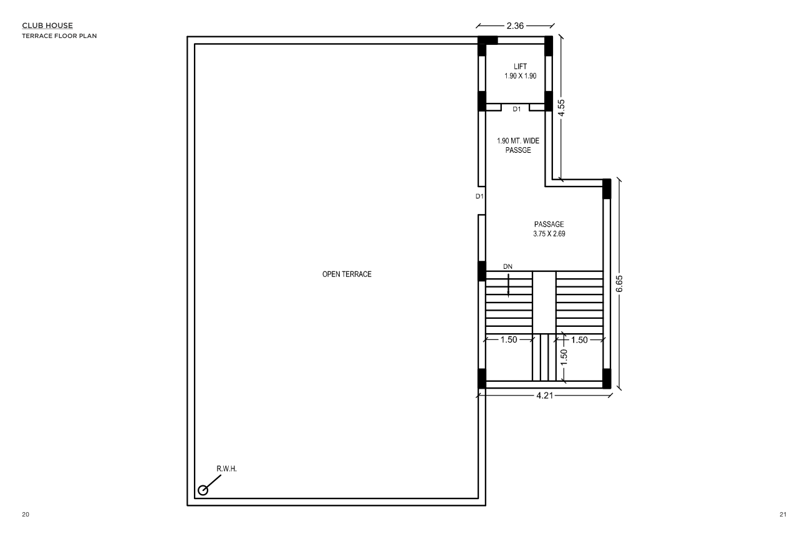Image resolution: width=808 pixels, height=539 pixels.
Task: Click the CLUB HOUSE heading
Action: pyautogui.click(x=47, y=26)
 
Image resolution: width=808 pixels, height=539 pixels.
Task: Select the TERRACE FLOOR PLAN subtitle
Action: pyautogui.click(x=59, y=36)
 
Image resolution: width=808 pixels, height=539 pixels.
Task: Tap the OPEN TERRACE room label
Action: pyautogui.click(x=347, y=274)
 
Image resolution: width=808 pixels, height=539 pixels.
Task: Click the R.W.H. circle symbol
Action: pyautogui.click(x=203, y=490)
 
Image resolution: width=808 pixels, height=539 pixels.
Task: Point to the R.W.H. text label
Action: pyautogui.click(x=226, y=469)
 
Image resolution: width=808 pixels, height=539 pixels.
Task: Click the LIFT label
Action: pyautogui.click(x=520, y=66)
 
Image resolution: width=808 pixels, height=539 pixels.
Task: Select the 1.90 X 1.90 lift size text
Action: pyautogui.click(x=520, y=76)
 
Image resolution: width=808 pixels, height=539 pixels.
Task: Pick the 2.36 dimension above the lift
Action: pyautogui.click(x=515, y=26)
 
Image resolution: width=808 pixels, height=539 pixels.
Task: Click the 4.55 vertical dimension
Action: pyautogui.click(x=561, y=107)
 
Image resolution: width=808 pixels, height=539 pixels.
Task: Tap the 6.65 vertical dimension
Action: pyautogui.click(x=619, y=284)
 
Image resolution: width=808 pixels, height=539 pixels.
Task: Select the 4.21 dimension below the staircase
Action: pyautogui.click(x=545, y=396)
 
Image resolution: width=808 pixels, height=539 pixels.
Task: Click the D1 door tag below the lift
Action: pyautogui.click(x=517, y=109)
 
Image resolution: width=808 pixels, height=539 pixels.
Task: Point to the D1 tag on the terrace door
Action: pyautogui.click(x=479, y=197)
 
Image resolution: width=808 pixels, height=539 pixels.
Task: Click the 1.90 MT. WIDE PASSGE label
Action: pyautogui.click(x=518, y=145)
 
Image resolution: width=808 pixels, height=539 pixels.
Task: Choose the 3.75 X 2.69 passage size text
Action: pyautogui.click(x=549, y=234)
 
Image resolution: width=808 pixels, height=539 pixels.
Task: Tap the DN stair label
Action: pyautogui.click(x=507, y=266)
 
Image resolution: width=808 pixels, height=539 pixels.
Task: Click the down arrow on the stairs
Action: pyautogui.click(x=509, y=286)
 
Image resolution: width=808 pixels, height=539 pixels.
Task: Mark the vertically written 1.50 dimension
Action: pyautogui.click(x=564, y=357)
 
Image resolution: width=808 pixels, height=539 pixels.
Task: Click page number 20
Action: pyautogui.click(x=25, y=515)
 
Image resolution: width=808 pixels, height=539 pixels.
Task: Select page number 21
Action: pyautogui.click(x=783, y=515)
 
